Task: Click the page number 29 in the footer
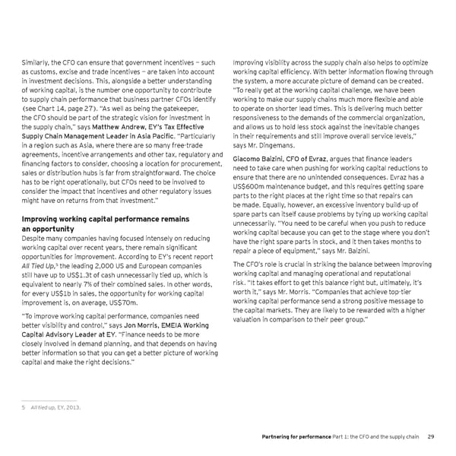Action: [430, 435]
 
